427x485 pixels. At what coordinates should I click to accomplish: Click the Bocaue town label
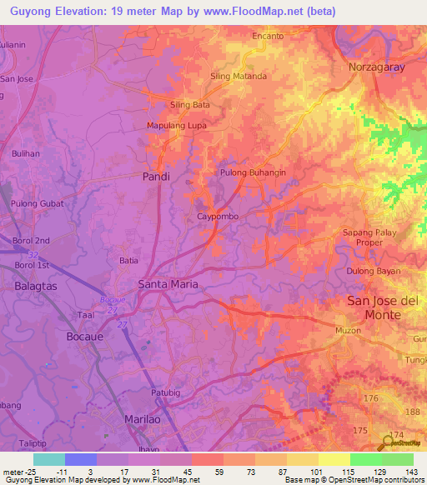[84, 336]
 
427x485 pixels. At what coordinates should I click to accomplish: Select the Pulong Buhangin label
[253, 172]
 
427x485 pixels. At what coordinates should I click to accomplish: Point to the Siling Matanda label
[239, 76]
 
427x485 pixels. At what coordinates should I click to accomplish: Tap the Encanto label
[269, 37]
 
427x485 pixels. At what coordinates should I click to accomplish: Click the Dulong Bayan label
[372, 271]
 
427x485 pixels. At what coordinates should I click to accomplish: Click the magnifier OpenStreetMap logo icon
[389, 442]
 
